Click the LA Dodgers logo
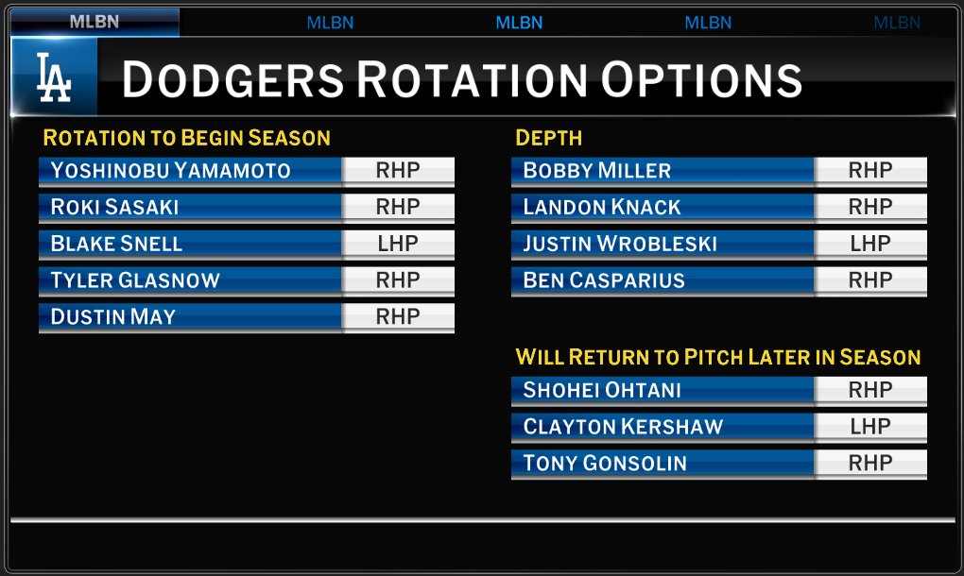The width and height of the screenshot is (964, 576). tap(54, 77)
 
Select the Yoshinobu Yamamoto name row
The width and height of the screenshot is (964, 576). tap(171, 171)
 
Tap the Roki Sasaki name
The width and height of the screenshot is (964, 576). tap(115, 207)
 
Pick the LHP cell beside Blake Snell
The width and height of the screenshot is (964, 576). tap(398, 244)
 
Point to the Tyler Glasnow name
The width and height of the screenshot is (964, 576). tap(135, 280)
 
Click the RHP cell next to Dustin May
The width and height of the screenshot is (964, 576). tap(398, 317)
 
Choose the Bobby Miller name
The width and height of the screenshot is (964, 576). tap(597, 171)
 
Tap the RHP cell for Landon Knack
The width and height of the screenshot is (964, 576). tap(870, 207)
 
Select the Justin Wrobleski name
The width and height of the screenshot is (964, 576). tap(620, 244)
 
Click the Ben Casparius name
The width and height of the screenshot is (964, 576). tap(604, 280)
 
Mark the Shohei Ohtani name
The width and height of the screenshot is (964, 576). tap(602, 390)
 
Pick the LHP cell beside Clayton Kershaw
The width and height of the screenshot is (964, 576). tap(870, 427)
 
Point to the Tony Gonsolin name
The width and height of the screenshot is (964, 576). tap(605, 463)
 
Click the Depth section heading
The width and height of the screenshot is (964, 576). tap(548, 138)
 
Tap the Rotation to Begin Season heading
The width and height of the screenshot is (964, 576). tap(186, 138)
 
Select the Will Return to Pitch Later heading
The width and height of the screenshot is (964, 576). tap(717, 357)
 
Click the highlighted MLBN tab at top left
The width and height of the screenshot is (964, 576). tap(95, 22)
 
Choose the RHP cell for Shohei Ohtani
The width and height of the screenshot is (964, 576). tap(870, 390)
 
